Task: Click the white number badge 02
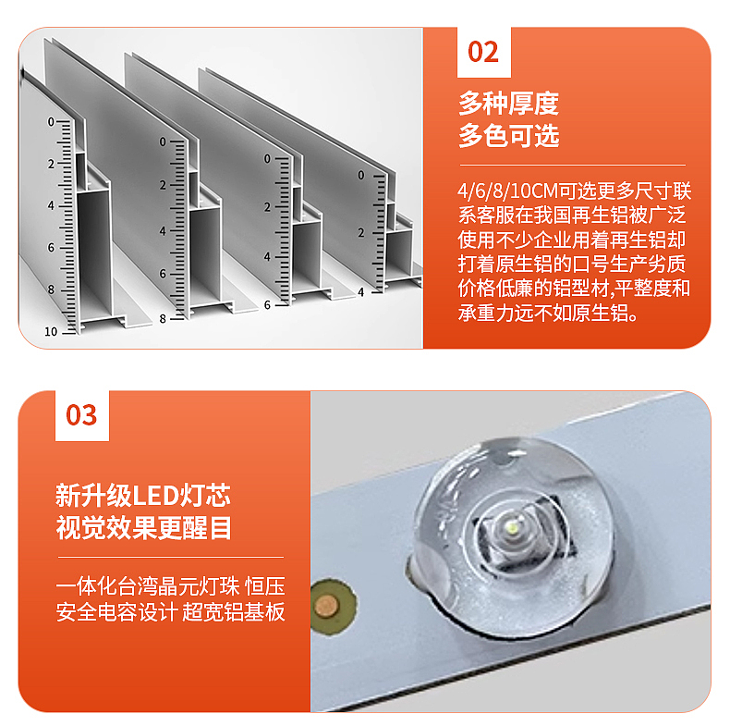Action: click(x=483, y=52)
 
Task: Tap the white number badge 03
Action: click(x=81, y=415)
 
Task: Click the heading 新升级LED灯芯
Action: click(x=143, y=495)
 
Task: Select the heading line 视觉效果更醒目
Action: click(x=143, y=528)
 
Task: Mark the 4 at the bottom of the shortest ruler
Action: click(x=360, y=291)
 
